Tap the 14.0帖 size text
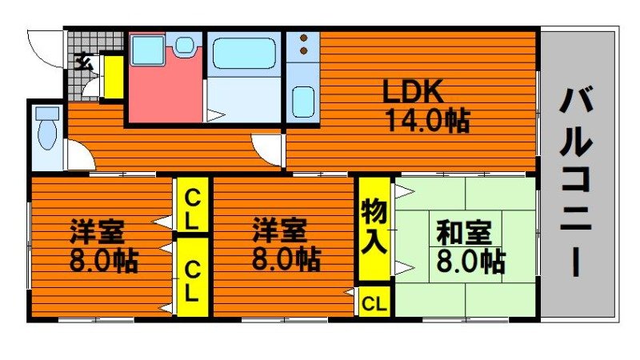tap(427, 121)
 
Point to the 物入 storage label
tap(374, 226)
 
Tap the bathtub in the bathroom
tap(244, 53)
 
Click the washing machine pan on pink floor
tap(147, 50)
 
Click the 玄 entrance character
tap(82, 60)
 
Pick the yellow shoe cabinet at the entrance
tap(114, 76)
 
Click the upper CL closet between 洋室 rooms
tap(192, 207)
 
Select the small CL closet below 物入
tap(374, 303)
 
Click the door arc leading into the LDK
tap(266, 147)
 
